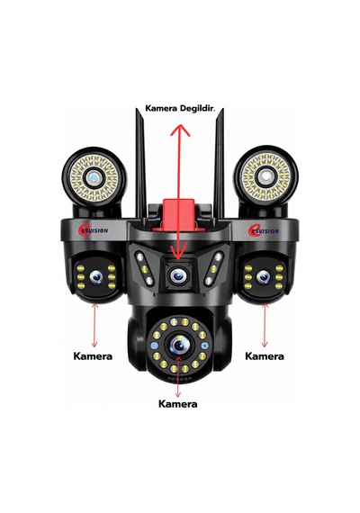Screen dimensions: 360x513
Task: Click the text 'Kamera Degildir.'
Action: [180, 108]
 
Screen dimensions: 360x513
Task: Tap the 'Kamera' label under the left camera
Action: [93, 356]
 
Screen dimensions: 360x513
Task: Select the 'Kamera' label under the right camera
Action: [265, 356]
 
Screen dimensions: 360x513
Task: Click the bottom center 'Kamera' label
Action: [177, 404]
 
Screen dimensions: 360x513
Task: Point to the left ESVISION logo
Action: [93, 230]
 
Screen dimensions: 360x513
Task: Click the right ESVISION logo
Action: [264, 230]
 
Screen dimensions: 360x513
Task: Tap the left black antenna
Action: [140, 163]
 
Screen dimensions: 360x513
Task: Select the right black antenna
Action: [220, 163]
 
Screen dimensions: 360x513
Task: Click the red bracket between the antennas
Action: [179, 214]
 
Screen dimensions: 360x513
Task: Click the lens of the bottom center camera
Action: [179, 345]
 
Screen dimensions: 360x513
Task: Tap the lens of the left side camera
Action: [96, 277]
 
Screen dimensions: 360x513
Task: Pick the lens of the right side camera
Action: [264, 277]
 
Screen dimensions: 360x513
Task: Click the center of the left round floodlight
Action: [94, 178]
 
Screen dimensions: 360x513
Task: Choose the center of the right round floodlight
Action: [265, 177]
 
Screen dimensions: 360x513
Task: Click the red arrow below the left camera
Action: [94, 326]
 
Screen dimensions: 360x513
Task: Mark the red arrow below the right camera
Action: [265, 326]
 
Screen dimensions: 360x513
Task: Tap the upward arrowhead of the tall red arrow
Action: [180, 130]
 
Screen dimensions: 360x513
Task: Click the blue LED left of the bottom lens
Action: [155, 346]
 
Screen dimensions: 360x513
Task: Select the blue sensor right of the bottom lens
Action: [205, 346]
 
